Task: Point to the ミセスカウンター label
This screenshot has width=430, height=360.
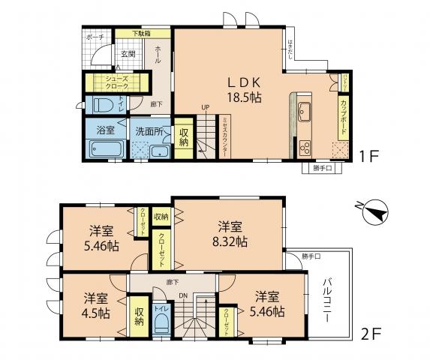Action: click(x=224, y=138)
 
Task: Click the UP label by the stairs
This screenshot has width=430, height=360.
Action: click(x=203, y=107)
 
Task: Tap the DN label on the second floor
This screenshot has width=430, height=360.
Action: click(x=182, y=296)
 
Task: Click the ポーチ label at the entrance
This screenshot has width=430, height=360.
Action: click(x=95, y=37)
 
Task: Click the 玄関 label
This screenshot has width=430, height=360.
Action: click(x=128, y=54)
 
